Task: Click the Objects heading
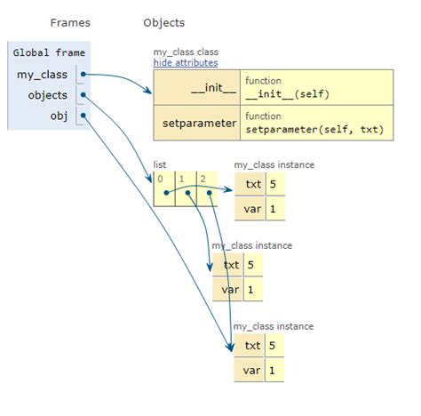coord(163,21)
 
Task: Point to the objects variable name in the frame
coord(49,94)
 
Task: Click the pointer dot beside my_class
coord(83,74)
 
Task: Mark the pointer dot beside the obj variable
coord(83,115)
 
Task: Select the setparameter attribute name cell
coord(197,123)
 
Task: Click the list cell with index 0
coord(164,188)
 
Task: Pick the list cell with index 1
coord(186,188)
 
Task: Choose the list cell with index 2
coord(207,188)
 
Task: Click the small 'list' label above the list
coord(161,164)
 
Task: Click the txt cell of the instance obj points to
coord(252,345)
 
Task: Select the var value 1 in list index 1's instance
coord(253,290)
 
